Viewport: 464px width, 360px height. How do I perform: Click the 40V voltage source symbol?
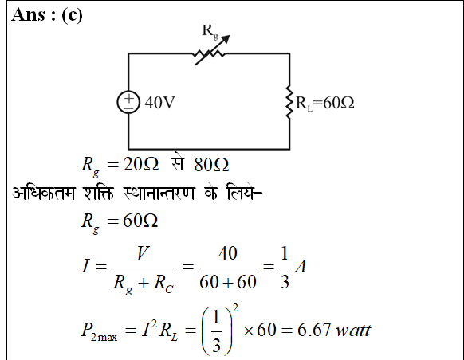(128, 102)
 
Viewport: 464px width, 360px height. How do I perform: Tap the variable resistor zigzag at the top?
(209, 54)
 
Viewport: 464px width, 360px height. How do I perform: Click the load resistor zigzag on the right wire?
(289, 102)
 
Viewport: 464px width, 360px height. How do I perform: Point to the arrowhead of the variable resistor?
(225, 39)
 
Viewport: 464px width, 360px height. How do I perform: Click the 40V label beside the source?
(159, 103)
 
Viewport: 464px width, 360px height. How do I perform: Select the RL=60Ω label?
(325, 103)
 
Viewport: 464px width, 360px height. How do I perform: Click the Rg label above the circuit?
(210, 31)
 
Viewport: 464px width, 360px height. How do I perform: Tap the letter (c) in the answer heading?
(72, 15)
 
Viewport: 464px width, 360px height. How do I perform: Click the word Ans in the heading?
(29, 14)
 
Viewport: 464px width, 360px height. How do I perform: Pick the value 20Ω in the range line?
(141, 164)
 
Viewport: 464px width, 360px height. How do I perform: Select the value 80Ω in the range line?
(211, 165)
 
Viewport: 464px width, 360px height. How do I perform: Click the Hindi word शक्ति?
(99, 194)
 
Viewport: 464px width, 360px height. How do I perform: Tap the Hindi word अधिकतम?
(44, 194)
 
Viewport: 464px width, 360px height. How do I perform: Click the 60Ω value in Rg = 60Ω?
(140, 221)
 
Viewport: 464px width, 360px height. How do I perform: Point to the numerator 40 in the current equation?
(228, 253)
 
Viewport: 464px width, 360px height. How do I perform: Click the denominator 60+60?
(227, 282)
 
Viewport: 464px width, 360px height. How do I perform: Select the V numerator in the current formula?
(144, 252)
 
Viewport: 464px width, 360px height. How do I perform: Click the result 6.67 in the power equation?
(313, 330)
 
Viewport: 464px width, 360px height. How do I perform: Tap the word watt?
(352, 331)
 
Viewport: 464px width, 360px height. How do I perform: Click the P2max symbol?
(99, 331)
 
